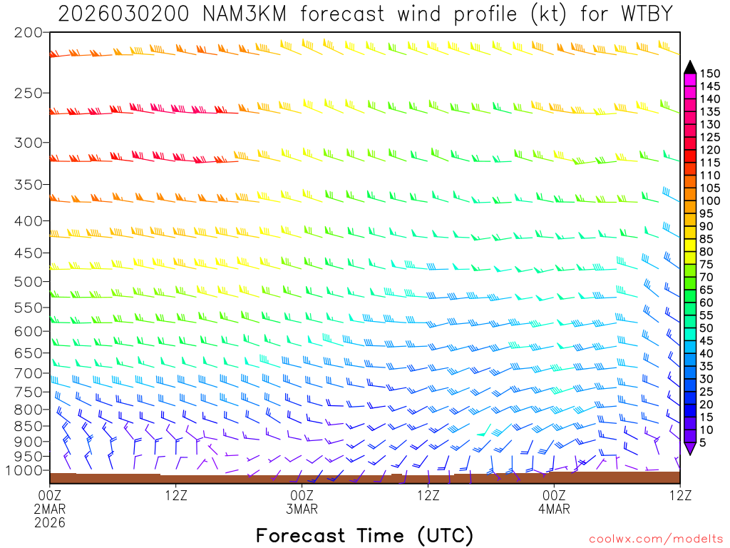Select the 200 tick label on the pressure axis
(28, 32)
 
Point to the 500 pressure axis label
(28, 281)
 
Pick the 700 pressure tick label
(28, 373)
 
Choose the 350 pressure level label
(28, 183)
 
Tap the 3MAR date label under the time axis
(302, 509)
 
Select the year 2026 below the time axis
(50, 523)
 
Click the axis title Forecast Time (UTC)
(364, 535)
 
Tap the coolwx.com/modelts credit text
(655, 537)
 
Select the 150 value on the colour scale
(709, 73)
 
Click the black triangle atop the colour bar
(690, 67)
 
